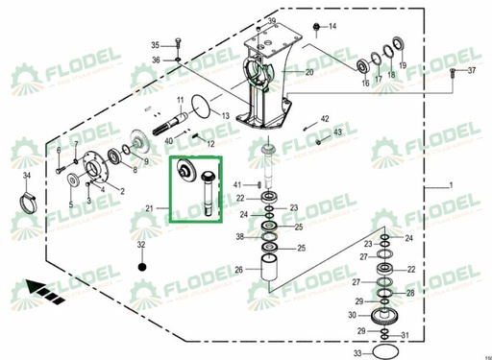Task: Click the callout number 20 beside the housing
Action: (x=309, y=73)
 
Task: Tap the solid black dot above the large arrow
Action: (x=141, y=266)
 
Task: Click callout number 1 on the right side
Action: (x=448, y=183)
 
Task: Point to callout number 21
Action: (x=149, y=208)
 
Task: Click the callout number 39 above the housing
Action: (x=272, y=21)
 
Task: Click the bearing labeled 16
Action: (x=364, y=65)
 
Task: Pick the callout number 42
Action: (x=325, y=117)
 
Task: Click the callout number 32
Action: (x=141, y=246)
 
